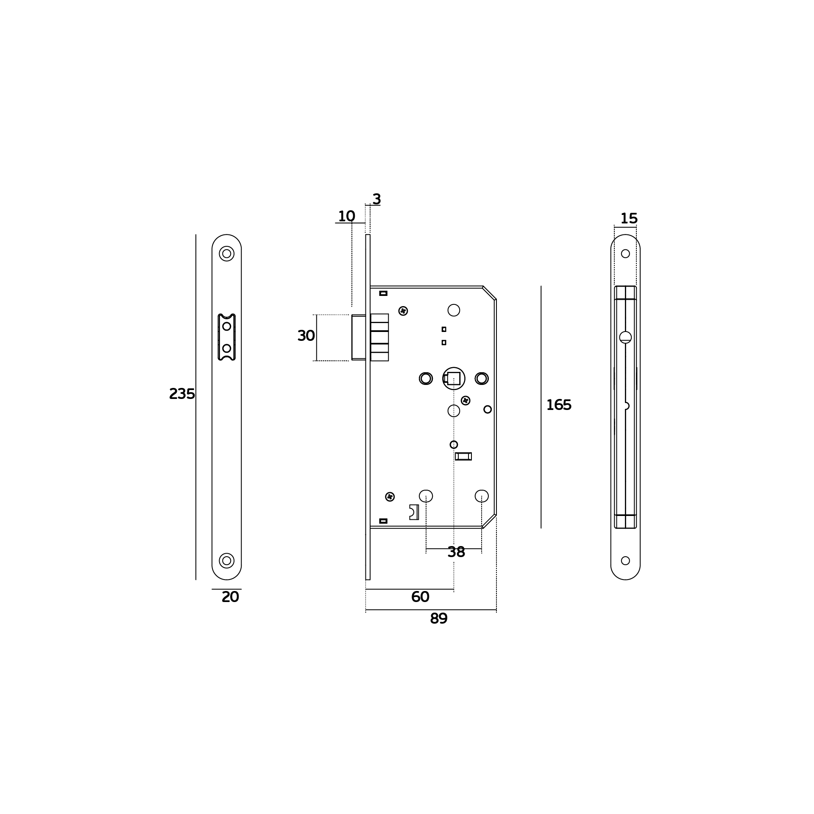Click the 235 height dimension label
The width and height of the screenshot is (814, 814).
click(182, 394)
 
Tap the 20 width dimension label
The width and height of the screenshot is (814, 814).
click(231, 597)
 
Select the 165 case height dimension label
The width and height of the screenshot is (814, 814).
click(559, 405)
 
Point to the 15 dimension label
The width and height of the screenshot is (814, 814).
click(629, 219)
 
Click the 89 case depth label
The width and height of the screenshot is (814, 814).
click(439, 619)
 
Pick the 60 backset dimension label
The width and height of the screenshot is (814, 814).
click(420, 597)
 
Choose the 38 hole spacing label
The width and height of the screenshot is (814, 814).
click(456, 552)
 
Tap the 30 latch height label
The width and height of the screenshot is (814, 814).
click(306, 336)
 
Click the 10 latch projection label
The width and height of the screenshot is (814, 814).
click(346, 216)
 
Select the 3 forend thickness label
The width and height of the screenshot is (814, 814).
click(376, 199)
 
